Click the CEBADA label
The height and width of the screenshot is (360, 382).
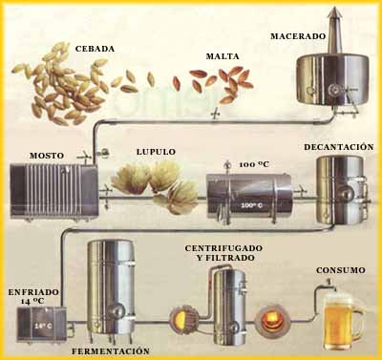coord(95,49)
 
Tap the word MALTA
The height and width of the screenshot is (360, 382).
coord(223,56)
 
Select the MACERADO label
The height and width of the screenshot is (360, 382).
coord(298,36)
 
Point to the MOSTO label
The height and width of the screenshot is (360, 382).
coord(47,156)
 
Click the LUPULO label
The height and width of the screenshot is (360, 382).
coord(156,152)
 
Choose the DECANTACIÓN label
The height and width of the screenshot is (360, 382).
coord(339,147)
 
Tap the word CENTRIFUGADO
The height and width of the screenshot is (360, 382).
coord(223,248)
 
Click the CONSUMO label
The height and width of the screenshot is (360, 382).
coord(341,270)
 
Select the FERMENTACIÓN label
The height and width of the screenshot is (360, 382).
coord(111,351)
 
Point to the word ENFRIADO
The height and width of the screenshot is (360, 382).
coord(33,292)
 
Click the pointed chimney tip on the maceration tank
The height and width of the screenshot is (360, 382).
coord(333,8)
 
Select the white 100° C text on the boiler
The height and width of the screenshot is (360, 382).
coord(251,205)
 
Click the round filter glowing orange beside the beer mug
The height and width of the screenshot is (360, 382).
coord(271,321)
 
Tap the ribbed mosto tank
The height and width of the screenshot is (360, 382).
coord(53,191)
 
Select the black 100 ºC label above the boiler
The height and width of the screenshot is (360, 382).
coord(254,164)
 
